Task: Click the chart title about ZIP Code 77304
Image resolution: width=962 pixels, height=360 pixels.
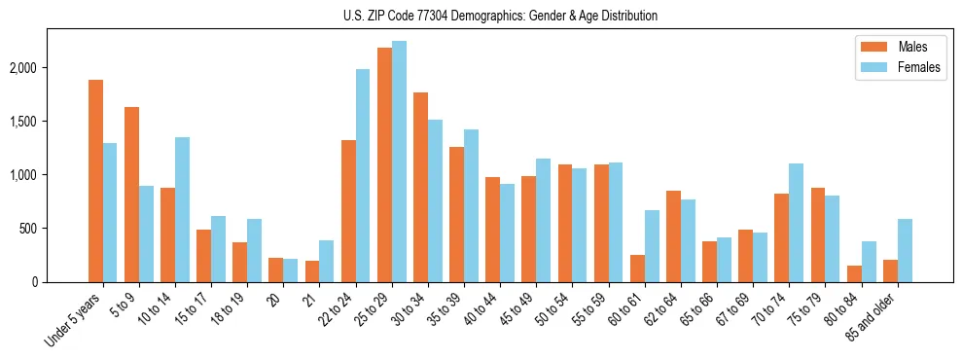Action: tap(500, 16)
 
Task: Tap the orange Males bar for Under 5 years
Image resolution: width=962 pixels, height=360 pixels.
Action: tap(95, 181)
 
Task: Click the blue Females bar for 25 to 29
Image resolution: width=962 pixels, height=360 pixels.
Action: tap(399, 162)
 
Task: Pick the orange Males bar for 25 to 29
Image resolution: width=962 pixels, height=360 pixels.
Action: tap(384, 165)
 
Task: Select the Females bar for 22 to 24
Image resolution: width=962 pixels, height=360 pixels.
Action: tap(363, 175)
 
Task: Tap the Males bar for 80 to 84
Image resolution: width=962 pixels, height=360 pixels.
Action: tap(854, 273)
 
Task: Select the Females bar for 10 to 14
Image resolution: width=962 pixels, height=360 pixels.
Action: tap(182, 210)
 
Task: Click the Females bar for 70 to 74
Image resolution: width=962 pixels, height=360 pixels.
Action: tap(796, 223)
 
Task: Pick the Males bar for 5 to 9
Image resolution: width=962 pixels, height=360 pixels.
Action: tap(131, 195)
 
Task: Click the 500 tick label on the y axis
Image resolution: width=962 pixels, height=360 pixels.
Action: tap(54, 229)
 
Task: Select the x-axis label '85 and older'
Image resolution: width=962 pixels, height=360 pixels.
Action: tap(870, 316)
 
